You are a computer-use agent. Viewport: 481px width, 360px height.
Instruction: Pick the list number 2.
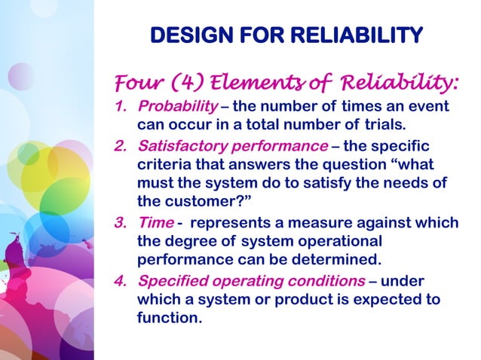pyautogui.click(x=119, y=145)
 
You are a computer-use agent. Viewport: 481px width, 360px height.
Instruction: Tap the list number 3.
pyautogui.click(x=119, y=224)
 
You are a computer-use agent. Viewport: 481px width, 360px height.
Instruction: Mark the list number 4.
pyautogui.click(x=119, y=281)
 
